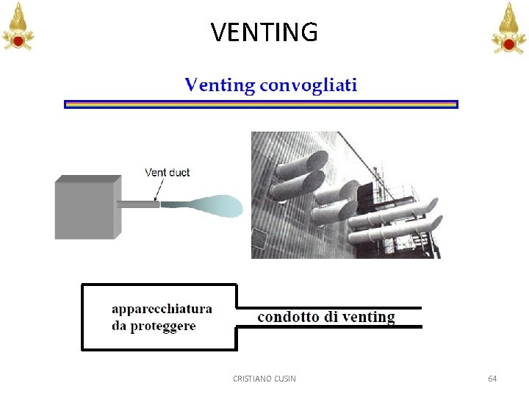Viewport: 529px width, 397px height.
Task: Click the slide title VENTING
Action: coord(264,32)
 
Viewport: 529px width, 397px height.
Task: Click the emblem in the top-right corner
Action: coord(508,26)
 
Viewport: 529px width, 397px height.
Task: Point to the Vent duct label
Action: coord(167,173)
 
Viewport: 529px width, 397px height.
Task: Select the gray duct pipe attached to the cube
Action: coord(137,204)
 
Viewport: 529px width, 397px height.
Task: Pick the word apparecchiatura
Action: coord(162,310)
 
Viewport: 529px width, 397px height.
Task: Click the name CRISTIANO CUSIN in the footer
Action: coord(264,379)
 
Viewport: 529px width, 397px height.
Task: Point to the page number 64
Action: coord(492,379)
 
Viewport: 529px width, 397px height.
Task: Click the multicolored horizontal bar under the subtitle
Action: coord(261,104)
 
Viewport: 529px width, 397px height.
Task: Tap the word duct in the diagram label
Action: coord(179,173)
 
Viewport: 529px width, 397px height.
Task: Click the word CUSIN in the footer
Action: coord(284,379)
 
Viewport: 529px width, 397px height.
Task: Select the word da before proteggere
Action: coord(119,326)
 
